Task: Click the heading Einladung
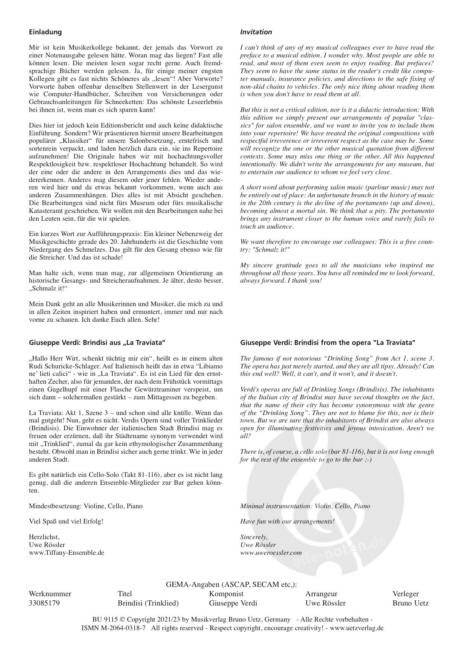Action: (x=45, y=32)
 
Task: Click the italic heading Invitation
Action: (x=256, y=32)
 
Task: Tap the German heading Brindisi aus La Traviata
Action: (x=97, y=342)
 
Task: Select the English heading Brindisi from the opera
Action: (x=328, y=342)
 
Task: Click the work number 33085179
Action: (x=44, y=603)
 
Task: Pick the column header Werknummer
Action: (x=50, y=594)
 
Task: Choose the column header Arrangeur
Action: (x=321, y=594)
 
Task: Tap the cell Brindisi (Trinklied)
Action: (x=148, y=603)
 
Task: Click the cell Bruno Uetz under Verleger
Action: (x=410, y=603)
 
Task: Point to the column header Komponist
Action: (x=226, y=594)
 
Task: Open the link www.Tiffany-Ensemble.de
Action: (x=66, y=553)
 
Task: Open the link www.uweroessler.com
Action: (x=271, y=553)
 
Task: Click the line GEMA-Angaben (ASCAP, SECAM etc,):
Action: (x=231, y=585)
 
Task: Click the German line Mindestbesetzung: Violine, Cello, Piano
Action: (x=85, y=506)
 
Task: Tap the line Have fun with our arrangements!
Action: (x=287, y=521)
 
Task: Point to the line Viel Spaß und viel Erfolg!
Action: (x=66, y=521)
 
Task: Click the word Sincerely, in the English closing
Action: (x=254, y=537)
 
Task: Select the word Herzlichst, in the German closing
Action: (x=44, y=537)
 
